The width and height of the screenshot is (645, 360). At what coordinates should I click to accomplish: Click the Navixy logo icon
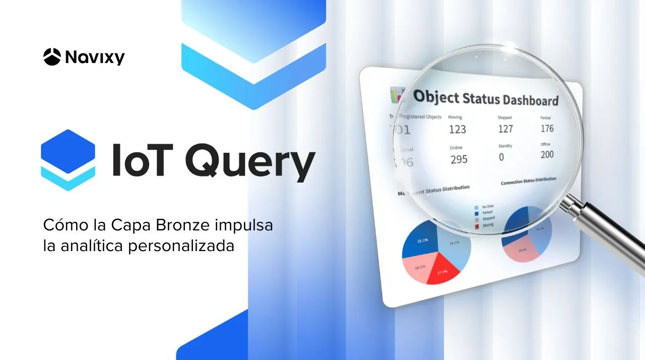(52, 56)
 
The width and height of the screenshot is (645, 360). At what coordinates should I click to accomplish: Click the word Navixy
(94, 57)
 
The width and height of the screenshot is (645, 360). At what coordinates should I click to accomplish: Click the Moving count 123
(458, 129)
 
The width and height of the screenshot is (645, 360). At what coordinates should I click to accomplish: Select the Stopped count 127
(505, 129)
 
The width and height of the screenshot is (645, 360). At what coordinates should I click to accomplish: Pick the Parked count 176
(547, 128)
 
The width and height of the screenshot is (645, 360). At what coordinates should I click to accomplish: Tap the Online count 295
(459, 159)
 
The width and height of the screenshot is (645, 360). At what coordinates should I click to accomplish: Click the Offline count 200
(547, 155)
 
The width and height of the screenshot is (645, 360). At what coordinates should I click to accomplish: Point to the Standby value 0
(501, 157)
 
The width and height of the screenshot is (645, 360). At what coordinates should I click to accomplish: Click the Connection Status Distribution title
(528, 181)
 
